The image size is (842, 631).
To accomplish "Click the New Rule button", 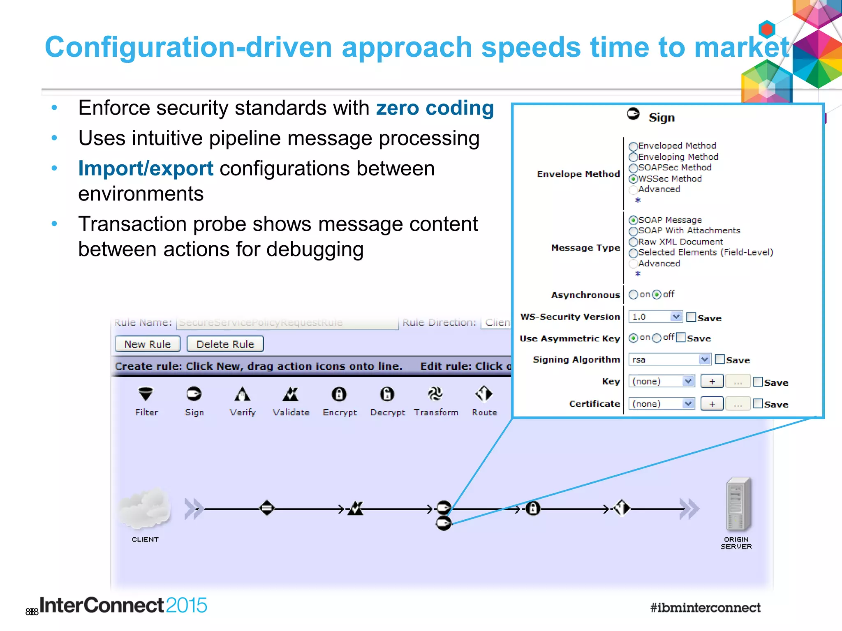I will coord(147,344).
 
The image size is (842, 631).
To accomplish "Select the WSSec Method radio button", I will coord(633,179).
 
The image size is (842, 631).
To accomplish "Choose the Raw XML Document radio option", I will coord(633,242).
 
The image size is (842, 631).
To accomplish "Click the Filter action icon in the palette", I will coord(146,394).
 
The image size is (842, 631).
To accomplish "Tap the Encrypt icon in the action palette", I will coord(339,394).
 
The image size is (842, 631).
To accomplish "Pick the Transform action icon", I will coord(435,394).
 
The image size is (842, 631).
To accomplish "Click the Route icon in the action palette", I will coord(484,394).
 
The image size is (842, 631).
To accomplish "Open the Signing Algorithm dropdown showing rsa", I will coord(669,359).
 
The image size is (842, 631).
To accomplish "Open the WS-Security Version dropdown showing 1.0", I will coord(655,317).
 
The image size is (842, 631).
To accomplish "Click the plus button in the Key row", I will coord(712,382).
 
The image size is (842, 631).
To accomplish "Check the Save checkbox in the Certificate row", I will coord(758,403).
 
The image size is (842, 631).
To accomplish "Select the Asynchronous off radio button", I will coord(657,295).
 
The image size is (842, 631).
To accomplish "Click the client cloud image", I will coord(145,508).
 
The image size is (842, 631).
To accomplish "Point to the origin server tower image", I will coord(738,504).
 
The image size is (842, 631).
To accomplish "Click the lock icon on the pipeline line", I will coord(533,509).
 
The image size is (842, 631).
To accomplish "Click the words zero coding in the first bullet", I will coord(435,108).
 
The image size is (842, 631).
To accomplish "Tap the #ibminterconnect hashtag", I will coord(705,607).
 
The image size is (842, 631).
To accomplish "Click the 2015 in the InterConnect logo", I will coord(186,605).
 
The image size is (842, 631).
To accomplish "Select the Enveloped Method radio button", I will coord(633,146).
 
